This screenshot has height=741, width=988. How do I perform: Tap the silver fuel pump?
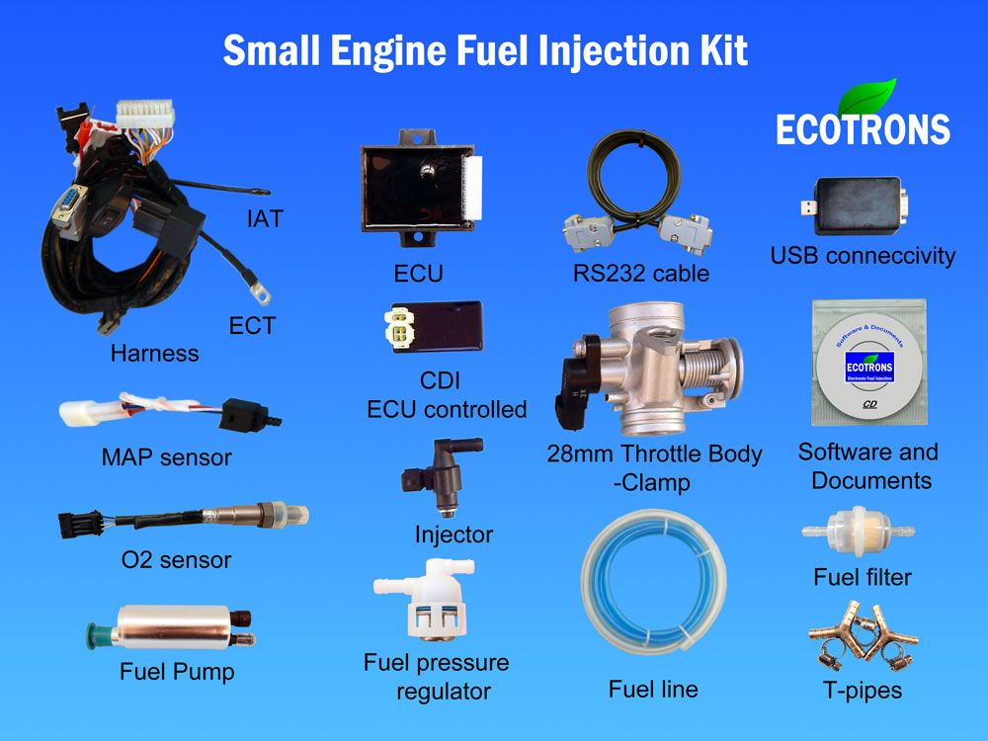[171, 627]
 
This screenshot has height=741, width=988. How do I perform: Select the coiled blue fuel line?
[653, 582]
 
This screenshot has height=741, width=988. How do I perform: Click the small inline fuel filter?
[858, 531]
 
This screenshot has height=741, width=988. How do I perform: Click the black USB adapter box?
[856, 206]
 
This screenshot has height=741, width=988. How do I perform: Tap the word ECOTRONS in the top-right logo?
[863, 129]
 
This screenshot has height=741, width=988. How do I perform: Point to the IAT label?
[265, 218]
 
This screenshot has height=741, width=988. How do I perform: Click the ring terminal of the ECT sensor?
[259, 291]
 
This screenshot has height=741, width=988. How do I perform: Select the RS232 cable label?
[641, 273]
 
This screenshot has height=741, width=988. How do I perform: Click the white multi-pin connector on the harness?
[145, 114]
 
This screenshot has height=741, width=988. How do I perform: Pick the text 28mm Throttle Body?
[654, 453]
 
